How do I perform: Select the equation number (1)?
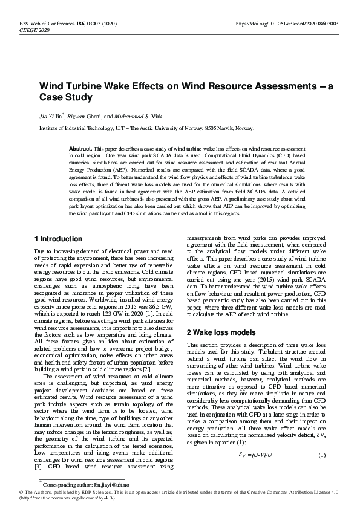(x=322, y=437)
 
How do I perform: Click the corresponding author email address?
(x=114, y=485)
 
